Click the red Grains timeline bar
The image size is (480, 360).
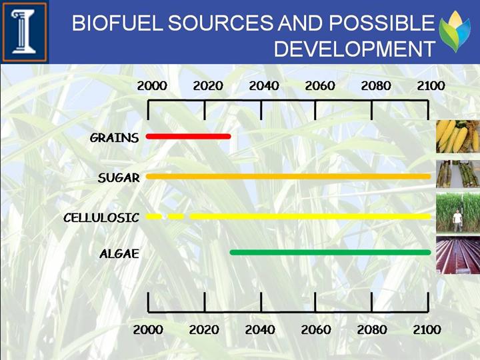[x=188, y=137]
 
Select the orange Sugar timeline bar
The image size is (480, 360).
[x=289, y=176]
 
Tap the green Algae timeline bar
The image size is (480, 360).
[x=330, y=252]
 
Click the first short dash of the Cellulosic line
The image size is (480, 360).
[x=154, y=217]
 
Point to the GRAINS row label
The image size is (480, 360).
[x=114, y=138]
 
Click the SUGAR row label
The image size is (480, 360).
[x=119, y=177]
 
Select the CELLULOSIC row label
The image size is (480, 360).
[x=101, y=217]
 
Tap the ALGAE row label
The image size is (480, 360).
[x=119, y=253]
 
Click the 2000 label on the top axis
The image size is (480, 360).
[x=152, y=86]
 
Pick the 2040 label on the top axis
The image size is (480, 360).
[x=264, y=86]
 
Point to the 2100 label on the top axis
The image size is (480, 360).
[x=431, y=86]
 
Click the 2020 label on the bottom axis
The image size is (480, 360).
[x=204, y=330]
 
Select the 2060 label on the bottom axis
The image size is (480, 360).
[x=316, y=330]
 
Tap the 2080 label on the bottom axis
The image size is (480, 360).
[x=372, y=330]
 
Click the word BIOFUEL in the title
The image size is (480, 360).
[x=117, y=23]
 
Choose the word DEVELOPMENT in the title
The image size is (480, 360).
[x=355, y=49]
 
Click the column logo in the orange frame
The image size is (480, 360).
[x=25, y=31]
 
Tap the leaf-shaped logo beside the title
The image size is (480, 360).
[x=455, y=31]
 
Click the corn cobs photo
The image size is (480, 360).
[x=458, y=137]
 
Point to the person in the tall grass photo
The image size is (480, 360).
[x=457, y=221]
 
